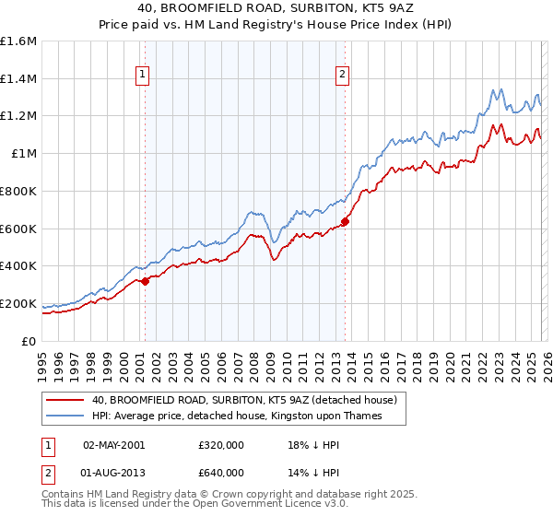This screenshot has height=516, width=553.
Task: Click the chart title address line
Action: (x=276, y=9)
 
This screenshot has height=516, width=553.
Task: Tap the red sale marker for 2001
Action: (x=145, y=281)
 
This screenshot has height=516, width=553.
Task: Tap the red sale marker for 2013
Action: (x=346, y=221)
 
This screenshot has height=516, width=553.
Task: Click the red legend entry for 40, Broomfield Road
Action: (x=244, y=400)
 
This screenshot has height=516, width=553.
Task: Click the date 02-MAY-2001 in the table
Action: (x=113, y=444)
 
